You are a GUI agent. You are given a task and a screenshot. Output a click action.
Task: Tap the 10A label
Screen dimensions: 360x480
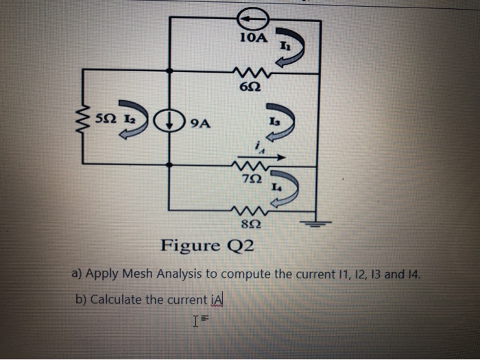254,38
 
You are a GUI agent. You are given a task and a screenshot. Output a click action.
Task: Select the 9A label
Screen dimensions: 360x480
200,124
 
